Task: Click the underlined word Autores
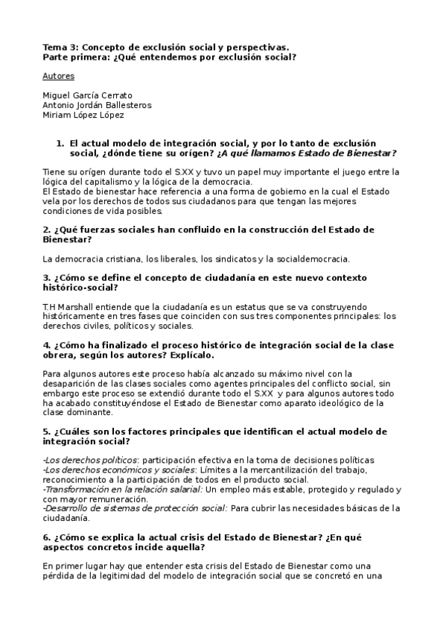point(58,76)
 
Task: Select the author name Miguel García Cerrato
point(88,95)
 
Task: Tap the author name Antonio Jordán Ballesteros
point(98,105)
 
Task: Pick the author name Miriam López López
point(83,115)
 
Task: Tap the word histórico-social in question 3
point(80,288)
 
